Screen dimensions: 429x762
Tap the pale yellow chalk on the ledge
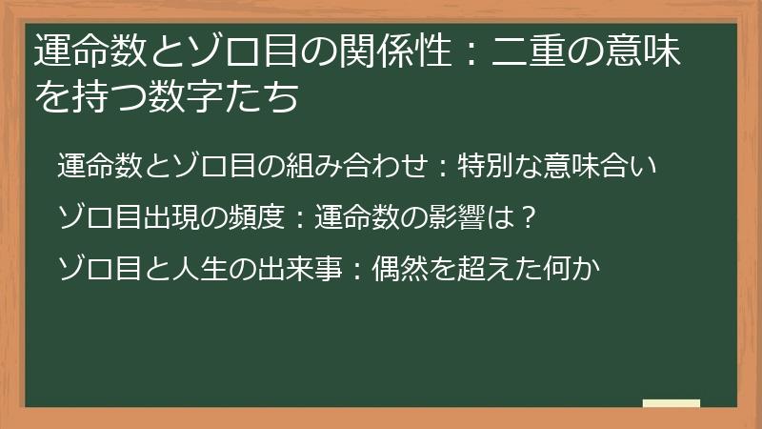pyautogui.click(x=672, y=403)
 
